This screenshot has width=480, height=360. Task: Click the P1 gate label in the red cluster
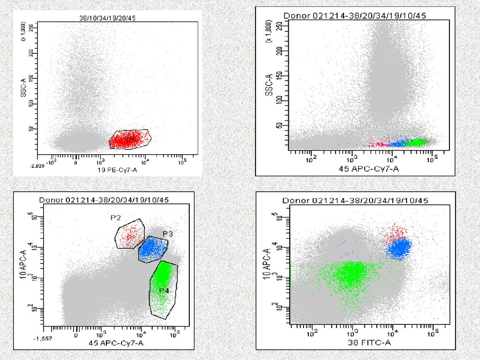point(130,139)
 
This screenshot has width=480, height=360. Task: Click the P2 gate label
point(116,218)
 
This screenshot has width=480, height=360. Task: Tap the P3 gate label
point(168,233)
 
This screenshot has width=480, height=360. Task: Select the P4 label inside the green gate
point(164,291)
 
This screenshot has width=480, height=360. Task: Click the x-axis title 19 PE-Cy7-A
point(114,170)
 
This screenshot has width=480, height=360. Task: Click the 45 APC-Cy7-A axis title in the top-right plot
point(369,168)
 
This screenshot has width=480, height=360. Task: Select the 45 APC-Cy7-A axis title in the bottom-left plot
point(116,344)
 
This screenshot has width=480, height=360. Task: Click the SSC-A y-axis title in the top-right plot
point(269,85)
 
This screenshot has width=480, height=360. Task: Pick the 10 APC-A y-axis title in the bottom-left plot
point(22,266)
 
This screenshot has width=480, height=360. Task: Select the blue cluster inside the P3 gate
point(153,249)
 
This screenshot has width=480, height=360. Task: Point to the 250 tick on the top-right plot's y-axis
point(280,27)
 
